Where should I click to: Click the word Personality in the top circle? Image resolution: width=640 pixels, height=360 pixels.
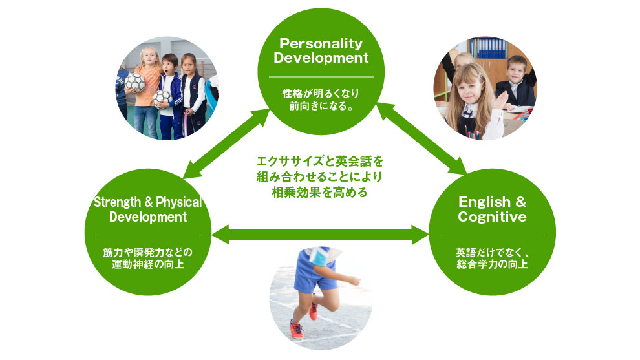coord(321,44)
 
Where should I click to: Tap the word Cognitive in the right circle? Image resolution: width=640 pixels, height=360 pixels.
coord(492,217)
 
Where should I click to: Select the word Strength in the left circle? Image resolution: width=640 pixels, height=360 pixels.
coord(118,202)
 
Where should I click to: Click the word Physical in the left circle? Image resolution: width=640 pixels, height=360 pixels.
coord(179,202)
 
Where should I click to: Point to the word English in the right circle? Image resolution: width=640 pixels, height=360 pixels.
coord(484,202)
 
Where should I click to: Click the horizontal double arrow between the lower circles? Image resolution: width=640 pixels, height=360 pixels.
coord(321,235)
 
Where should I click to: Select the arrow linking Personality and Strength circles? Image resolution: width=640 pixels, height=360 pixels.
coord(226,143)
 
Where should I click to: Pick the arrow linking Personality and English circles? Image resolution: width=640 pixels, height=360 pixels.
coord(421,138)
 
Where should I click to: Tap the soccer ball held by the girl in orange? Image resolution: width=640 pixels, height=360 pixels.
coord(134,83)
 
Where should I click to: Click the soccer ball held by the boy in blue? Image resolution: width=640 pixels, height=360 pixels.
coord(162,99)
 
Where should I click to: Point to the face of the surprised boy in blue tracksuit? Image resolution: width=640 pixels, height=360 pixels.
coord(170,66)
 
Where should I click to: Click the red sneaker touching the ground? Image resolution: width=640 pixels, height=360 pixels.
coord(297,329)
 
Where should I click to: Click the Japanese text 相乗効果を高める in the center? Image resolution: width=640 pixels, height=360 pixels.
coord(319,192)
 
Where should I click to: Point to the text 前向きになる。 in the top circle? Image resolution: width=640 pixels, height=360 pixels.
coord(321,106)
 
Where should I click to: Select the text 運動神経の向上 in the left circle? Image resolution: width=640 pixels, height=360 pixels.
coord(148,264)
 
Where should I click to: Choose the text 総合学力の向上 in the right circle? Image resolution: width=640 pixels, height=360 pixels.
coord(492,264)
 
